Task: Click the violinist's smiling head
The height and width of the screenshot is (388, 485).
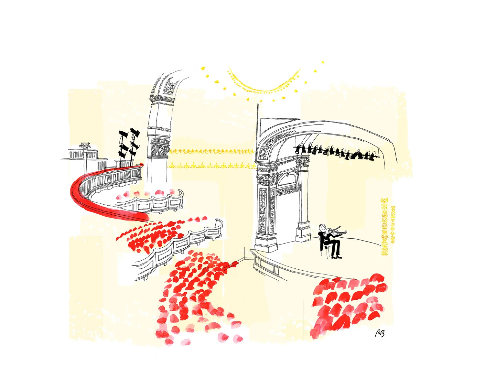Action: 321,227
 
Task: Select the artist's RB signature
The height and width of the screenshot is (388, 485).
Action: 380,333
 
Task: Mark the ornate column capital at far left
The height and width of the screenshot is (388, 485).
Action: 85,147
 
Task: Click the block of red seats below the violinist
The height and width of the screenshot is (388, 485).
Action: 349,304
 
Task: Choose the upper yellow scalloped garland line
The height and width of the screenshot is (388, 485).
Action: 212,151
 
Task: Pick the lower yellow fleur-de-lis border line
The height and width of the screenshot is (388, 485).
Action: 212,166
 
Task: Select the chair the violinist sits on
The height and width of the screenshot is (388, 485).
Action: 327,249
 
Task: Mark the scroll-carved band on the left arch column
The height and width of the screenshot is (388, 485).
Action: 160,149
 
